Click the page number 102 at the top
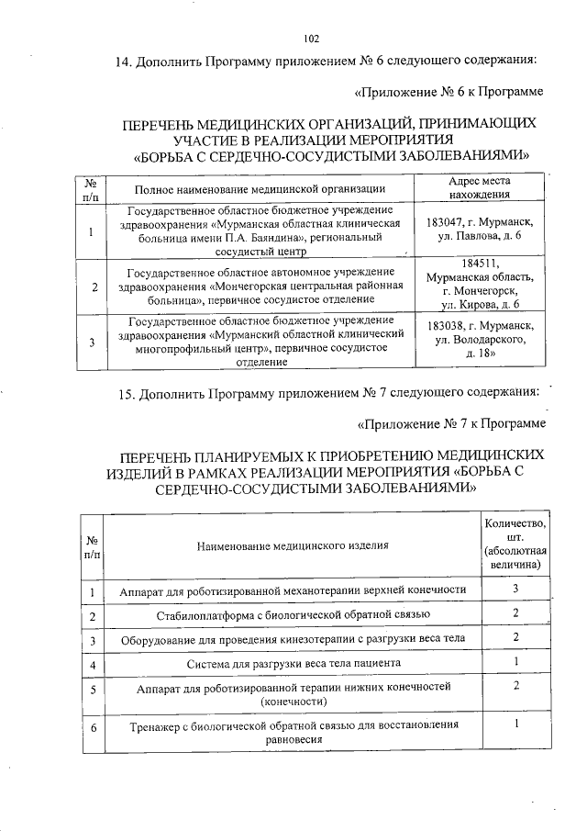tap(310, 39)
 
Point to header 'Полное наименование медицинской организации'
tap(260, 189)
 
